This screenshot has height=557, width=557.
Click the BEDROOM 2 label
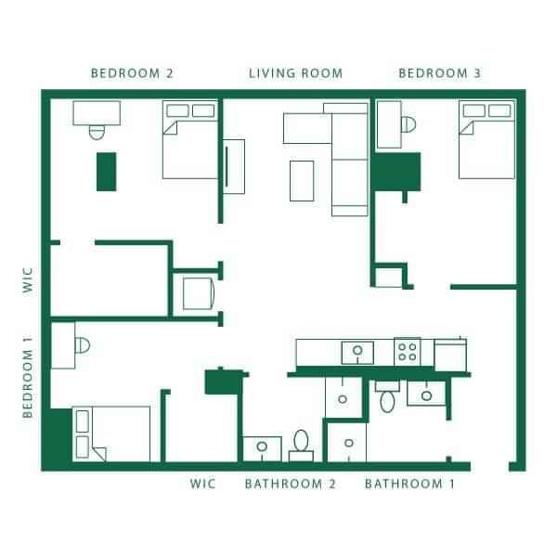tap(132, 72)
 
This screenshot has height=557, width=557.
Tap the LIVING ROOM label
tap(295, 72)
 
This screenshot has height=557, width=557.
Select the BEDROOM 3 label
tap(441, 72)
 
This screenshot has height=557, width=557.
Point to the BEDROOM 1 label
tap(28, 382)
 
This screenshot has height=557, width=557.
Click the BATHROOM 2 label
tap(290, 484)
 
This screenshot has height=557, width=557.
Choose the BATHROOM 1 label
tap(409, 484)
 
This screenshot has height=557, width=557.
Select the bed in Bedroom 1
tap(111, 434)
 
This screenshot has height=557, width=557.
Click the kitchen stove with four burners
tap(407, 351)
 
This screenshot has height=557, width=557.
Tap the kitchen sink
tap(356, 352)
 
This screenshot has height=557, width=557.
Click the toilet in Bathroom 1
tap(387, 400)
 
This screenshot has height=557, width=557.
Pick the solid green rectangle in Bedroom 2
tap(107, 172)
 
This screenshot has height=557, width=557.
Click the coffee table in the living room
tap(302, 180)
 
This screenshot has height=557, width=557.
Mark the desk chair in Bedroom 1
tap(83, 344)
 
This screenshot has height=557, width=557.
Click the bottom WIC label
tap(202, 484)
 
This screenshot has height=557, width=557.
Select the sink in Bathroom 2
tap(262, 447)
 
